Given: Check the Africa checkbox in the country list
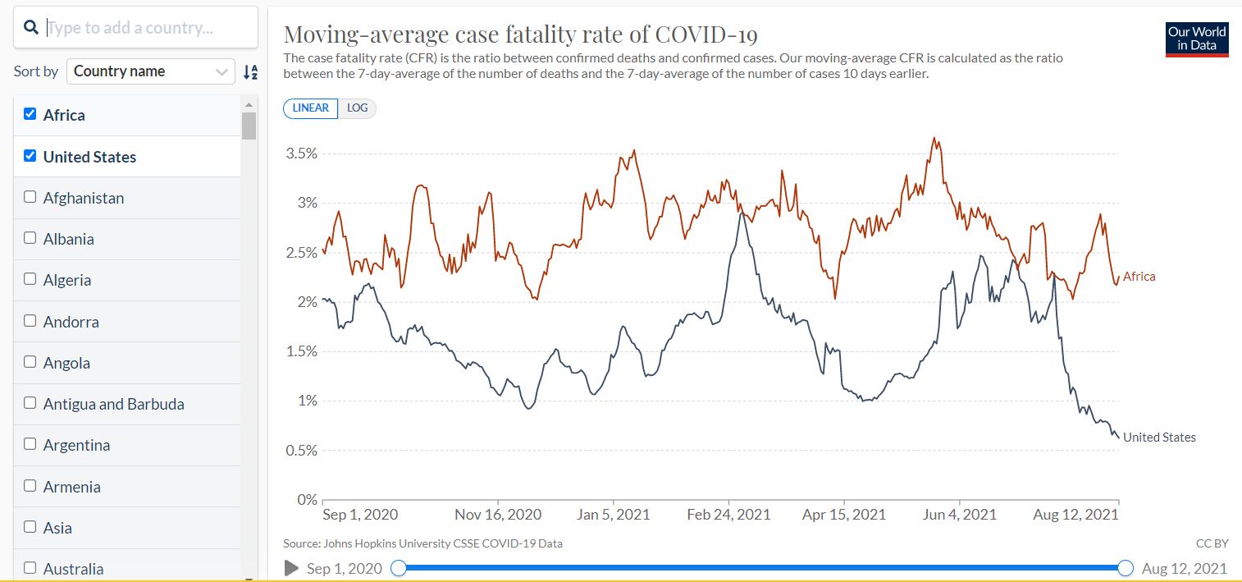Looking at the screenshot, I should [x=30, y=114].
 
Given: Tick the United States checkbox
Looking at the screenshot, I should [x=30, y=156].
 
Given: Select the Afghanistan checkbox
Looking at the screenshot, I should [x=30, y=197].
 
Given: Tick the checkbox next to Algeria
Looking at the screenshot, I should [x=30, y=279].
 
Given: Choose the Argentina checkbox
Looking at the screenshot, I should [x=30, y=444].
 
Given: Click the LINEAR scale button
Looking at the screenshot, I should [x=310, y=108].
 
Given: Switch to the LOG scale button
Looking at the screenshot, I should [x=357, y=108].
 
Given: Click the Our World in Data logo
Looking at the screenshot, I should [x=1197, y=39].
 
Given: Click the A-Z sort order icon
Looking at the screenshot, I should [x=250, y=72].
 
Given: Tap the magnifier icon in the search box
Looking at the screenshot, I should [x=31, y=28].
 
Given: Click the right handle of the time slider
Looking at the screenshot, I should [x=1126, y=568].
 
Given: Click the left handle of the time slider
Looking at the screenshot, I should [x=399, y=568].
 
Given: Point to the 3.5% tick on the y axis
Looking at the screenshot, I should [x=301, y=154].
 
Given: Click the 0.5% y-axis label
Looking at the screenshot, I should [x=301, y=451].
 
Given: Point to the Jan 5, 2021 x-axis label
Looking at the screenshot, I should [x=613, y=515].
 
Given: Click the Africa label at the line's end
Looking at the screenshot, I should [x=1139, y=277].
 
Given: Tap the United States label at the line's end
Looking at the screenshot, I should [x=1158, y=438].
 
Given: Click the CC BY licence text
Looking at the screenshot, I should [x=1212, y=543].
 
